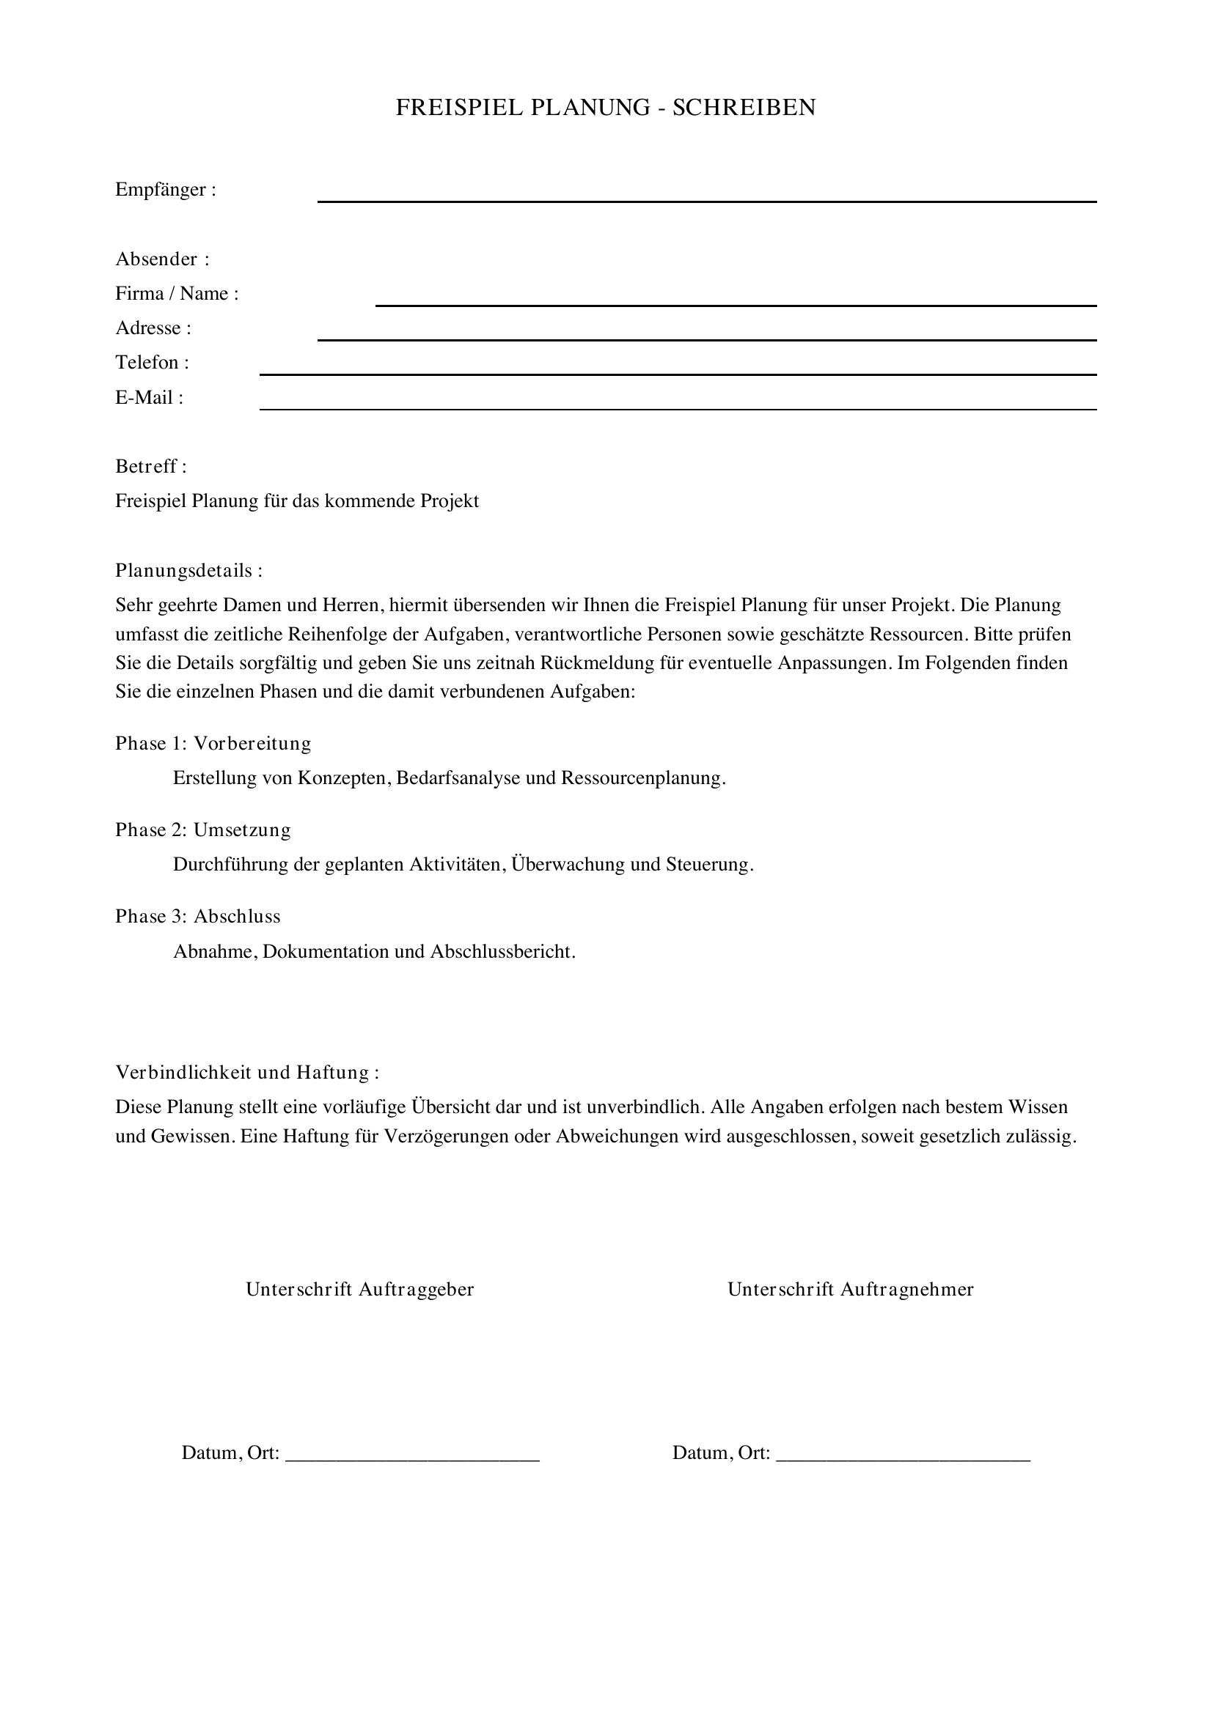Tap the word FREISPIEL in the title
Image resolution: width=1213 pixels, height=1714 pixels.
(x=459, y=108)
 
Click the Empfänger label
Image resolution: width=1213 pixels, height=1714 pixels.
(x=165, y=190)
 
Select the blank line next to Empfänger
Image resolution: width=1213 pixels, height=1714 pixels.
(x=706, y=200)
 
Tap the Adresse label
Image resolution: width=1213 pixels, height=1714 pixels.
(x=153, y=328)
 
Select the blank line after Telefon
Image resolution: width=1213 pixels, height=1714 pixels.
(x=678, y=373)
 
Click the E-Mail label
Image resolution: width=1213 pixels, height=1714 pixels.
(x=149, y=397)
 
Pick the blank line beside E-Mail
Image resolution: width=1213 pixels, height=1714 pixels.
(x=678, y=408)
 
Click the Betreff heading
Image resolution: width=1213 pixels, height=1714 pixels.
(x=150, y=467)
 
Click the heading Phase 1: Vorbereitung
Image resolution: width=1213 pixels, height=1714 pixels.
(x=213, y=744)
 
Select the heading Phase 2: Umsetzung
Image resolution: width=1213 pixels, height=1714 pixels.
(x=202, y=830)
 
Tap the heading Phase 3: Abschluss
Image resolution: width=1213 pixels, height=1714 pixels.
(x=197, y=917)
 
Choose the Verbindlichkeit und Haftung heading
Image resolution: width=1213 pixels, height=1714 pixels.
(x=246, y=1073)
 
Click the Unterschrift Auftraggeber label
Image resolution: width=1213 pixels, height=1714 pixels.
(x=359, y=1289)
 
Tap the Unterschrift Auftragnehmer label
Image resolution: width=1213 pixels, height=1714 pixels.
(x=850, y=1289)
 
